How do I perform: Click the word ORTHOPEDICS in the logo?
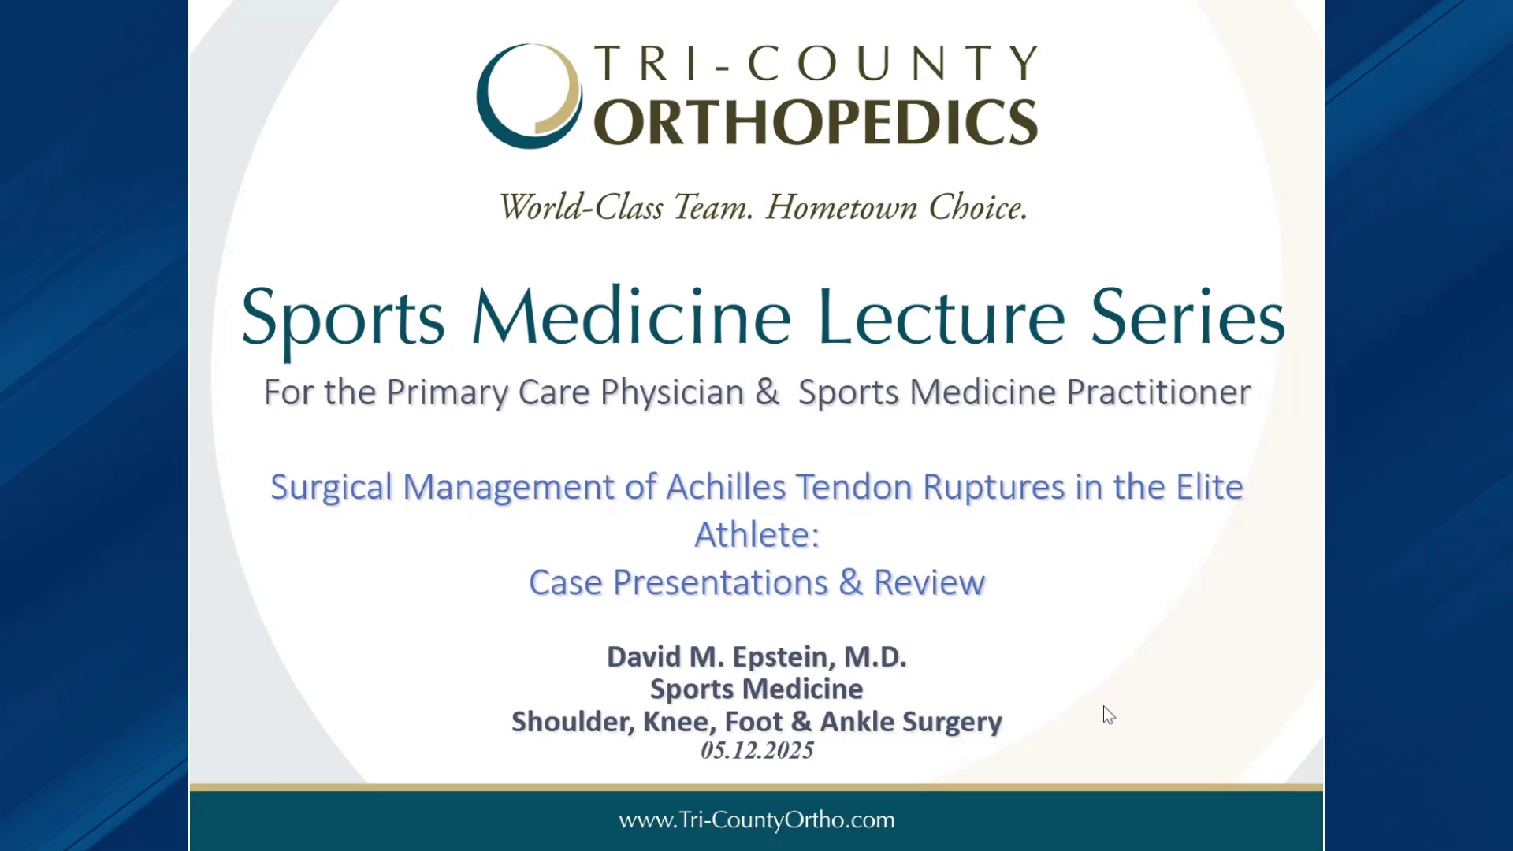click(816, 122)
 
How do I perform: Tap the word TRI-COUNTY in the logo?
click(816, 64)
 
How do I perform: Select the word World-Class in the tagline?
click(581, 207)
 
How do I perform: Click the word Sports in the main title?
click(343, 318)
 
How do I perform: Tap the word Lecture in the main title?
click(942, 317)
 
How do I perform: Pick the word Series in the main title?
click(1188, 317)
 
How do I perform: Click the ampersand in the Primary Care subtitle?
click(767, 392)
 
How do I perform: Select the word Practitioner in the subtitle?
click(1158, 392)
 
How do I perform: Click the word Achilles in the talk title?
click(727, 487)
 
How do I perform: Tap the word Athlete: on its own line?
click(757, 535)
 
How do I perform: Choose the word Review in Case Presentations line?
click(930, 583)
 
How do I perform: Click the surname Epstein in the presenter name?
click(780, 657)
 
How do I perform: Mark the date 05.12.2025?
click(757, 750)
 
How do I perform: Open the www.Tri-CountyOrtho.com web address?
click(756, 820)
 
